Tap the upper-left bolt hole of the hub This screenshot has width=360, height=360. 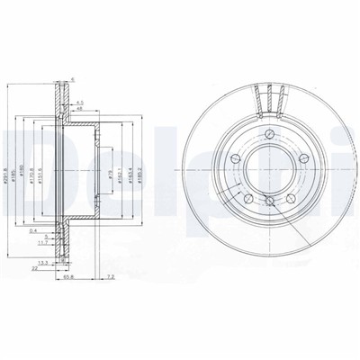tap(235, 160)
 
